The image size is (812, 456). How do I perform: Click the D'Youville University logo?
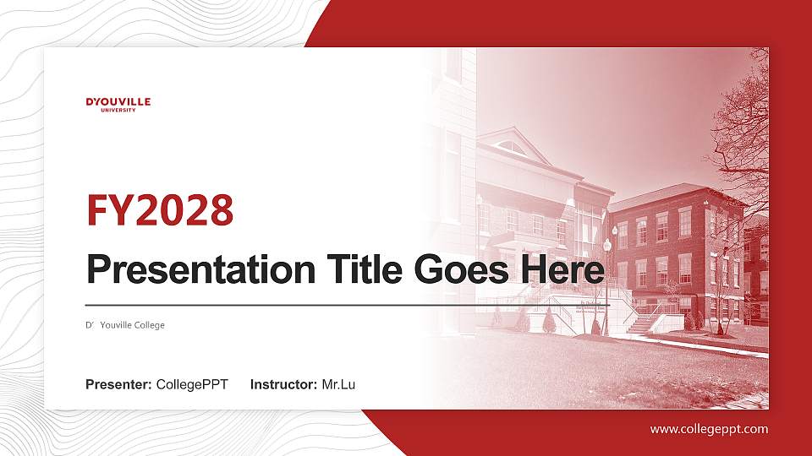118,104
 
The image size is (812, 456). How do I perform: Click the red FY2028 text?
160,210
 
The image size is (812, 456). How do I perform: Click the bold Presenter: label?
118,385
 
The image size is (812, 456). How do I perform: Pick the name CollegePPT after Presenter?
192,385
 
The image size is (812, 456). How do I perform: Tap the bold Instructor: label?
284,385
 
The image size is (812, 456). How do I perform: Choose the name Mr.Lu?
338,385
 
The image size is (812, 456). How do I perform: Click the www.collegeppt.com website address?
709,429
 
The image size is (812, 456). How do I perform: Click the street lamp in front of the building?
606,279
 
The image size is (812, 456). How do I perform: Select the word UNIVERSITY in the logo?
118,110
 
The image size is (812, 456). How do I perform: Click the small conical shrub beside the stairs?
550,320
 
